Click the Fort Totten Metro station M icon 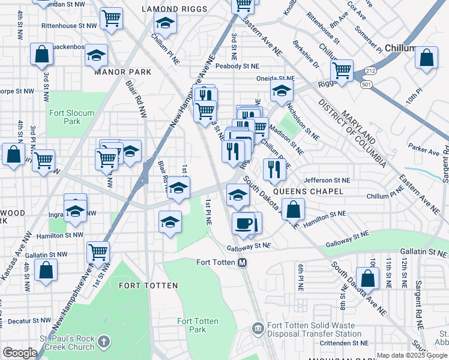(243, 262)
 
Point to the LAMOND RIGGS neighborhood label (174, 9)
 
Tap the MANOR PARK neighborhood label (123, 72)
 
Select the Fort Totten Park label (192, 325)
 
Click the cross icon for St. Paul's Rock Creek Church (104, 342)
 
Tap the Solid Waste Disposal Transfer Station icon (258, 328)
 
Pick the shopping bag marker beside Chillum (426, 58)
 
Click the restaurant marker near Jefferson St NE (274, 169)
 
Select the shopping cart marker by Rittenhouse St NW (111, 19)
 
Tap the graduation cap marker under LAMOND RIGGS (165, 24)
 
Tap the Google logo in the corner (19, 353)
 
